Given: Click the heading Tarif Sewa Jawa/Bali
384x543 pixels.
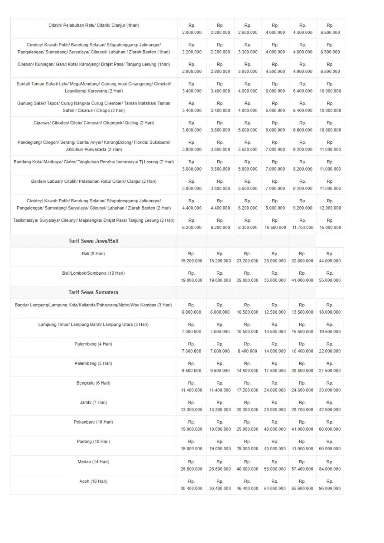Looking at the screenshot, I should [x=93, y=241].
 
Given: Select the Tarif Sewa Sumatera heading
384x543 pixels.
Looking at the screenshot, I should [x=93, y=292].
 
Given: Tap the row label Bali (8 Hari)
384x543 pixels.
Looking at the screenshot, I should [x=93, y=253].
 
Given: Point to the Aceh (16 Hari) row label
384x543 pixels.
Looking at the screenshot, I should [x=93, y=481].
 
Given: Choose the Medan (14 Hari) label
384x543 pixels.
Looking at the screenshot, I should [x=93, y=462].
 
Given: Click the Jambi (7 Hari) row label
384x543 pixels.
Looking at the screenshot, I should [x=93, y=402].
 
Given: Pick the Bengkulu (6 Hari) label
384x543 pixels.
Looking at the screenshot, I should [x=93, y=383].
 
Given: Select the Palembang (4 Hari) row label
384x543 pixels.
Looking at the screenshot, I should [x=93, y=344].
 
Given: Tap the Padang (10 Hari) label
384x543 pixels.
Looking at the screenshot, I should [x=93, y=441].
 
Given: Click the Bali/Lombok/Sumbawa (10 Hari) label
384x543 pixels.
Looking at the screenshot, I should [x=93, y=273].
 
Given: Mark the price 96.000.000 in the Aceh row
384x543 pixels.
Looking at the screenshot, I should [x=330, y=489].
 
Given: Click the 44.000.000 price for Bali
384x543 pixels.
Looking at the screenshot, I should [x=330, y=261].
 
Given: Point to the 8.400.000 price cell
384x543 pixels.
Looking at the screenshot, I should [x=247, y=351].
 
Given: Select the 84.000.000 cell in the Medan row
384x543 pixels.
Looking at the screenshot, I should [x=330, y=469].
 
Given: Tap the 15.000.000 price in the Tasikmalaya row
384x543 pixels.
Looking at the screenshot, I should [x=330, y=228].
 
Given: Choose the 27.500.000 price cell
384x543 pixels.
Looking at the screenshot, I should [x=330, y=371].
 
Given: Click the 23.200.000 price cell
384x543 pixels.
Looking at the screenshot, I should [x=247, y=261].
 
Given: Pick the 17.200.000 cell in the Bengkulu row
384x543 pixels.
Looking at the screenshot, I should [x=247, y=390].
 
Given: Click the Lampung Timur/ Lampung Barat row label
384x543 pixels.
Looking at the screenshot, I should [x=93, y=324].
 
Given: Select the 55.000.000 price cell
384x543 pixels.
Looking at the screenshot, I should [x=330, y=280].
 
